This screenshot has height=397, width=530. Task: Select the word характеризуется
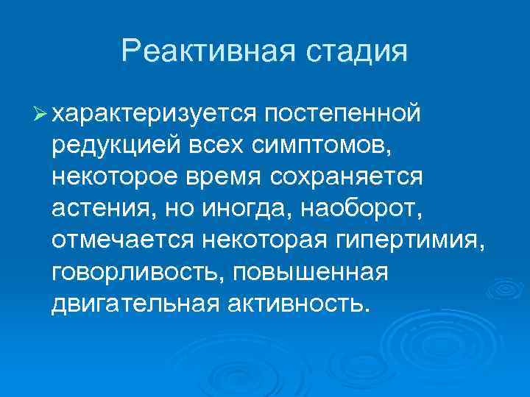tap(155, 114)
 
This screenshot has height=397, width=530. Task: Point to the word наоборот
tap(344, 209)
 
